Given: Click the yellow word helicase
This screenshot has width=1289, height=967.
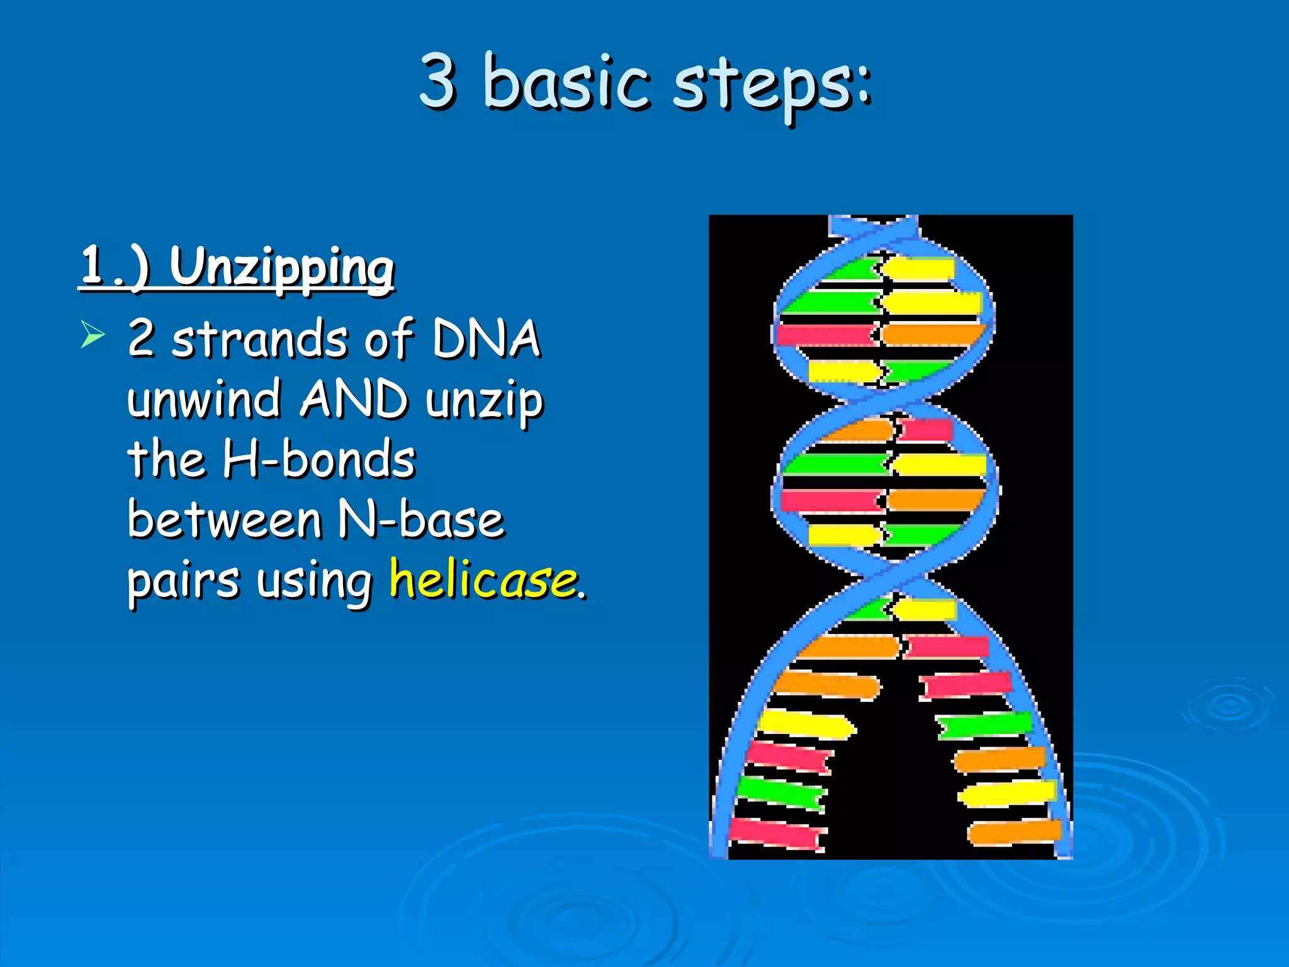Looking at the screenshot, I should [483, 579].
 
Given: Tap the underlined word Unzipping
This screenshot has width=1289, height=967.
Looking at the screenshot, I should [281, 268].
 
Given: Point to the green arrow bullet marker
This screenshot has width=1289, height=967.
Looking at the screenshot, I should [93, 334].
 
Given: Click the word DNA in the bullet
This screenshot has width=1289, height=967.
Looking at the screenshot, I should [486, 338].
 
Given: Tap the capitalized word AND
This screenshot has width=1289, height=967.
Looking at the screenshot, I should [354, 399].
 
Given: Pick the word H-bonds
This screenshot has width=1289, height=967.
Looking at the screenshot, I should [319, 460].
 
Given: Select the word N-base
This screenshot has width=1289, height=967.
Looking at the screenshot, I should [421, 520].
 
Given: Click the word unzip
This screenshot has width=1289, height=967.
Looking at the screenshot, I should [484, 402].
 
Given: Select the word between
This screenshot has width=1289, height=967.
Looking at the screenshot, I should [225, 520].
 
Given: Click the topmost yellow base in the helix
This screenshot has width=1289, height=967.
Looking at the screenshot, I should [918, 269].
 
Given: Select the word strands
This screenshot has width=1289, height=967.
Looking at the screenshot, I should [259, 339].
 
